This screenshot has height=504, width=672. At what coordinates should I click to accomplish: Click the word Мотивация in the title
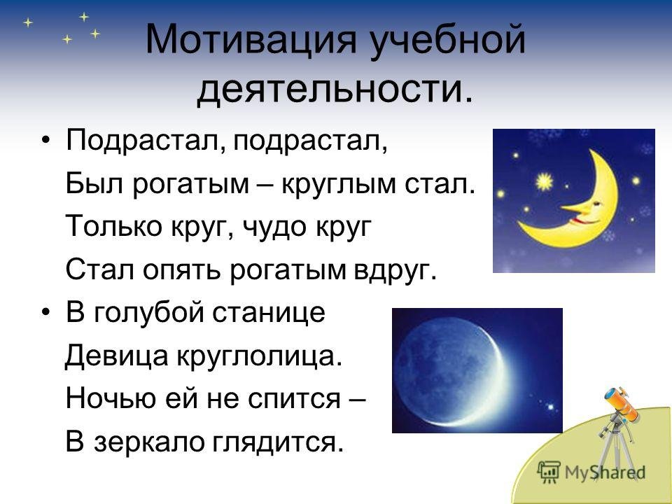click(251, 41)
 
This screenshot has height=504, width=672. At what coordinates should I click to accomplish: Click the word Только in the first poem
click(113, 226)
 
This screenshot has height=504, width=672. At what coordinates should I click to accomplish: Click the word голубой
click(148, 313)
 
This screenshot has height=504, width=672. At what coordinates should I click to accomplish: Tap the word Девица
click(115, 356)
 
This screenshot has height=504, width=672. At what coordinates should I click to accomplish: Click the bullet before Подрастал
click(46, 141)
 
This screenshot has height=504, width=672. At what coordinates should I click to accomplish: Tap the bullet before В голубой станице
click(46, 313)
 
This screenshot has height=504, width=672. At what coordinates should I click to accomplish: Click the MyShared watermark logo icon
click(549, 470)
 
